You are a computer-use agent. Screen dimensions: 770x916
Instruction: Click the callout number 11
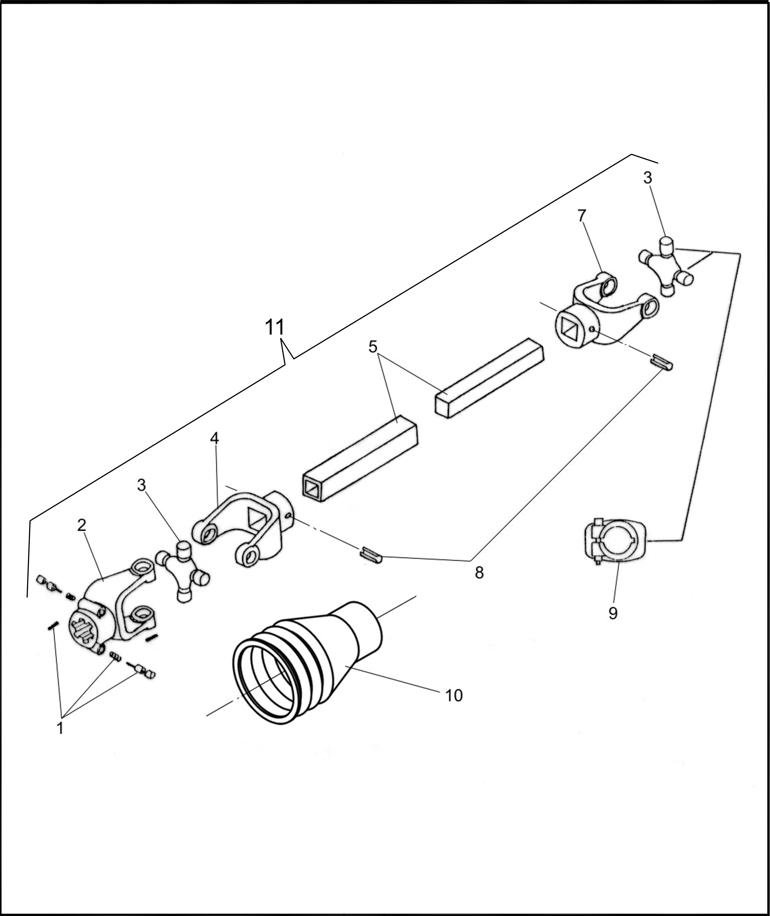[274, 327]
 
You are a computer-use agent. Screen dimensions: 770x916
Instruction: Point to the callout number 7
[582, 216]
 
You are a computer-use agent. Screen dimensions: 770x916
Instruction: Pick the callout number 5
[372, 347]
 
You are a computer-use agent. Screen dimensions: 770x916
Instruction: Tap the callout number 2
[82, 525]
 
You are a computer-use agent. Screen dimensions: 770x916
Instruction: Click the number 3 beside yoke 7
[647, 178]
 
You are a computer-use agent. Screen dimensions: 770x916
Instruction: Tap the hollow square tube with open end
[360, 459]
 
